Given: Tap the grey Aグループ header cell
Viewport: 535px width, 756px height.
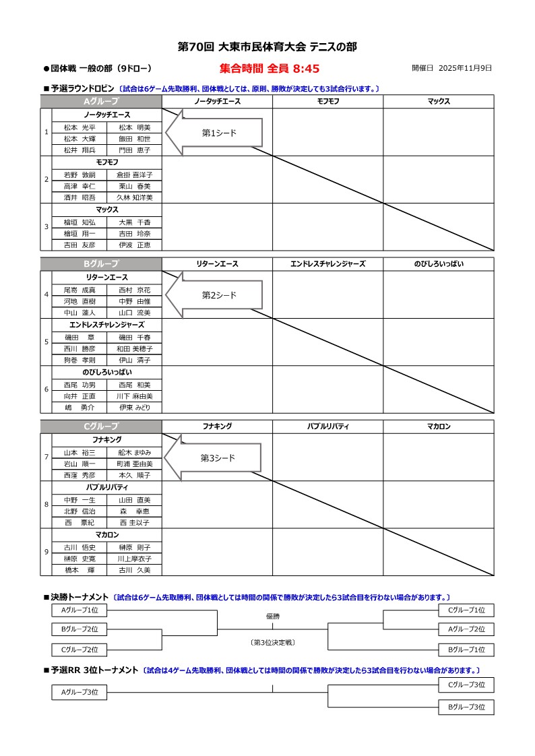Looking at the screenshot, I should (100, 101).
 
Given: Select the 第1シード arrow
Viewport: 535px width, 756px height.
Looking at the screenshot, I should (213, 133).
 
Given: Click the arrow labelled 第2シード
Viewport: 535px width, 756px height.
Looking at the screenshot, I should (213, 295).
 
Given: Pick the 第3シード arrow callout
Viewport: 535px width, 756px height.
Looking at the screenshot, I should (213, 458).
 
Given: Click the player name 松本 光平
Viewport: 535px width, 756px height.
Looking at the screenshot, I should (80, 127).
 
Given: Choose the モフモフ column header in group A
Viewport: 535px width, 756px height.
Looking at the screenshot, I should (328, 101).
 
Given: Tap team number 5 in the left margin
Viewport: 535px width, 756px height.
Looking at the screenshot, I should (46, 342).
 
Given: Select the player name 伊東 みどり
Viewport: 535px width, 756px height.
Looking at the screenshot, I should (135, 407).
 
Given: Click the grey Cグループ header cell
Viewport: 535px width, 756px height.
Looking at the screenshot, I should (100, 426).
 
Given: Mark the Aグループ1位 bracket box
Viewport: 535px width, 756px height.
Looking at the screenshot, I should (80, 610).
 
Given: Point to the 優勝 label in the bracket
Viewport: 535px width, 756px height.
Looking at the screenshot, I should (272, 617).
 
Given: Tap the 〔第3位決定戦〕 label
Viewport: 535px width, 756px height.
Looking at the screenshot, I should (272, 643).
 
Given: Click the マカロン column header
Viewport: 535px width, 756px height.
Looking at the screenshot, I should (439, 426).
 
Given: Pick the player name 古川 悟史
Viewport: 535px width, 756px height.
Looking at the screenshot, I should (80, 547).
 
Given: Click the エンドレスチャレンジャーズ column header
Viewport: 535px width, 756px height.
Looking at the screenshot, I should (328, 263).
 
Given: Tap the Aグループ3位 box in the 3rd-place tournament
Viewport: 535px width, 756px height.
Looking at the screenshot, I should (80, 692).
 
